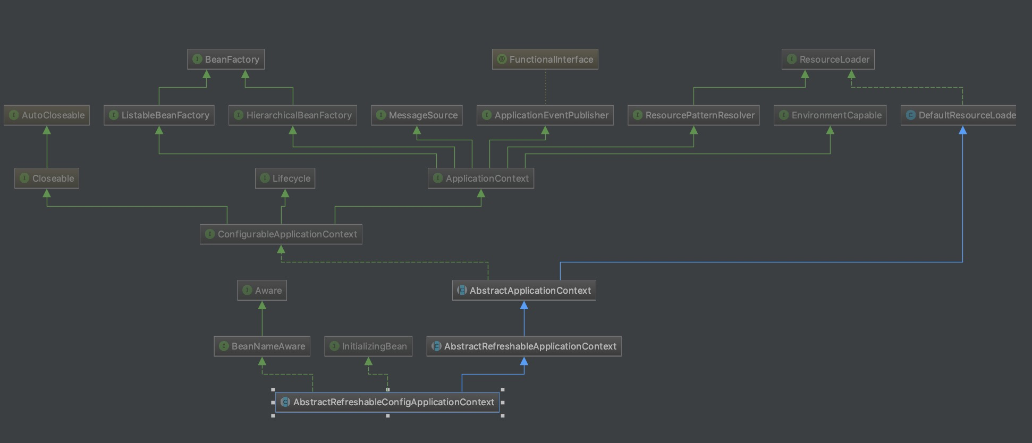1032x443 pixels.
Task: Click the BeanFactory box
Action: [x=226, y=59]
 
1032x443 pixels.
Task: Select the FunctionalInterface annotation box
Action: [x=545, y=59]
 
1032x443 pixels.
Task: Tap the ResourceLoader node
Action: [x=828, y=59]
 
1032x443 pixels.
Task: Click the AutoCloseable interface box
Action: [x=47, y=115]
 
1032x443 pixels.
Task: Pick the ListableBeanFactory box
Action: [x=159, y=115]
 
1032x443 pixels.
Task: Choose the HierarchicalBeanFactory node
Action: [x=293, y=115]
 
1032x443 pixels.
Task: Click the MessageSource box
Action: [x=417, y=115]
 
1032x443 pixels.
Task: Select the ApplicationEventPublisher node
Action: [x=545, y=115]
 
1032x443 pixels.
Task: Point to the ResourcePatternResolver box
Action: [x=693, y=115]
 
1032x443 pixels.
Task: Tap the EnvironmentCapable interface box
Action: [x=830, y=115]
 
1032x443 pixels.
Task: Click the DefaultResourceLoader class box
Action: [x=959, y=115]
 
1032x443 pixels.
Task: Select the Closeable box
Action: [x=47, y=178]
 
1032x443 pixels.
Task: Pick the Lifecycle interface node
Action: [x=285, y=178]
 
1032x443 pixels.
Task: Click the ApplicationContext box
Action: [x=481, y=178]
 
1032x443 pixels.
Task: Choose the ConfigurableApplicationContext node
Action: [x=281, y=234]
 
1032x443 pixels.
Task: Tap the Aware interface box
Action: [x=262, y=291]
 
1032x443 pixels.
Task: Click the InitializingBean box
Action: [x=368, y=346]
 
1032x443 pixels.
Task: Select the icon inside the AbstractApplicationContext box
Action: [x=462, y=291]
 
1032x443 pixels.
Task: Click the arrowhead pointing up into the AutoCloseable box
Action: [x=47, y=130]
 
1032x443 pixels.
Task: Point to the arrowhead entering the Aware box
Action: [x=262, y=305]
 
